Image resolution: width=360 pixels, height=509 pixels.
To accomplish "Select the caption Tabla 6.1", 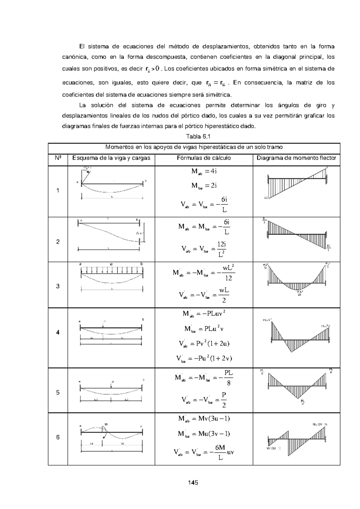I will pyautogui.click(x=198, y=136).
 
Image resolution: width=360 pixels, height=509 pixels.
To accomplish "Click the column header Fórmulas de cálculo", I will pyautogui.click(x=203, y=158).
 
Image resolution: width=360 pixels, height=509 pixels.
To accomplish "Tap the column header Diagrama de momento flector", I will pyautogui.click(x=296, y=158).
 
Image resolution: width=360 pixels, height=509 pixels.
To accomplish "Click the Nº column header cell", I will pyautogui.click(x=58, y=158).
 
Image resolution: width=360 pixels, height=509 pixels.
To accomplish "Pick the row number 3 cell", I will pyautogui.click(x=58, y=286).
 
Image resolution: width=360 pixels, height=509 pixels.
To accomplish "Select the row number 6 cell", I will pyautogui.click(x=58, y=437).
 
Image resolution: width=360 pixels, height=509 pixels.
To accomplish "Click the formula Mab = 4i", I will pyautogui.click(x=204, y=171).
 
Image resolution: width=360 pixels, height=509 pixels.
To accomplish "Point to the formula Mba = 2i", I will pyautogui.click(x=204, y=186).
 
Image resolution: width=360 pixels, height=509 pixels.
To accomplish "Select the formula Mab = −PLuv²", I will pyautogui.click(x=204, y=314).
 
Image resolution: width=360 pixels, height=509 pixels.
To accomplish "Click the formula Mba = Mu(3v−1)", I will pyautogui.click(x=204, y=433).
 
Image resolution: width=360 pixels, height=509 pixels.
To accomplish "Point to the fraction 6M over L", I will pyautogui.click(x=220, y=452).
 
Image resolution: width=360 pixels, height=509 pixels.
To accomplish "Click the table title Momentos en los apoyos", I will pyautogui.click(x=194, y=147).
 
